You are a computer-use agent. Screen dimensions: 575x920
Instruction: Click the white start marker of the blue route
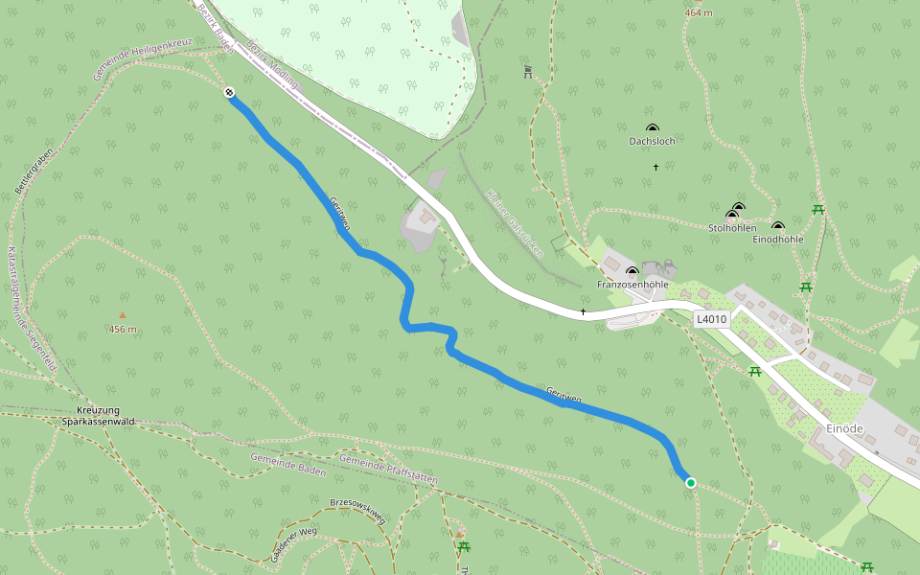coord(229,93)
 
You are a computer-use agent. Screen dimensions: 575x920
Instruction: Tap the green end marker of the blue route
coord(690,483)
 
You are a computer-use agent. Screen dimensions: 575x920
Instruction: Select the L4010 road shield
coord(712,319)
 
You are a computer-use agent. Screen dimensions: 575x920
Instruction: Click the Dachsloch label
coord(652,141)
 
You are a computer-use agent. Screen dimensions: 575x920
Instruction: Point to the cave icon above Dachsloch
coord(653,127)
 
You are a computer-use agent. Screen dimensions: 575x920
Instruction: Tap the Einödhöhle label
coord(777,239)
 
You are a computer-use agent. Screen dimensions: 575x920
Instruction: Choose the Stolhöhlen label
coord(732,228)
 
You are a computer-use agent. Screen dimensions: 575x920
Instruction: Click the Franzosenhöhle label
coord(632,285)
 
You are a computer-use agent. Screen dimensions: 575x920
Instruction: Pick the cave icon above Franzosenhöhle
coord(632,272)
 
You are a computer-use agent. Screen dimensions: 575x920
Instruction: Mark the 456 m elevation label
coord(123,330)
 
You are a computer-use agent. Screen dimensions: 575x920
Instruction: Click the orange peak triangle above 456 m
coord(123,314)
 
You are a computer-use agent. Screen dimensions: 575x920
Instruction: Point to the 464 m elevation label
coord(700,13)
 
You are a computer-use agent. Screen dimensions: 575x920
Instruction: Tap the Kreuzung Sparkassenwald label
coord(97,416)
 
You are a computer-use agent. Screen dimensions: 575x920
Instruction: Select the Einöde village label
coord(844,428)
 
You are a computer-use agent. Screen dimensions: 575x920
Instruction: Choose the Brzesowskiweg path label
coord(357,509)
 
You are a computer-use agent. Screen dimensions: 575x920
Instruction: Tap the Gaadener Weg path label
coord(293,544)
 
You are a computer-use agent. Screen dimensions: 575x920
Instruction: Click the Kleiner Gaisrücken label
coord(515,223)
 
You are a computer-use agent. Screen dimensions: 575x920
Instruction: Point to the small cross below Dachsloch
coord(655,168)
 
